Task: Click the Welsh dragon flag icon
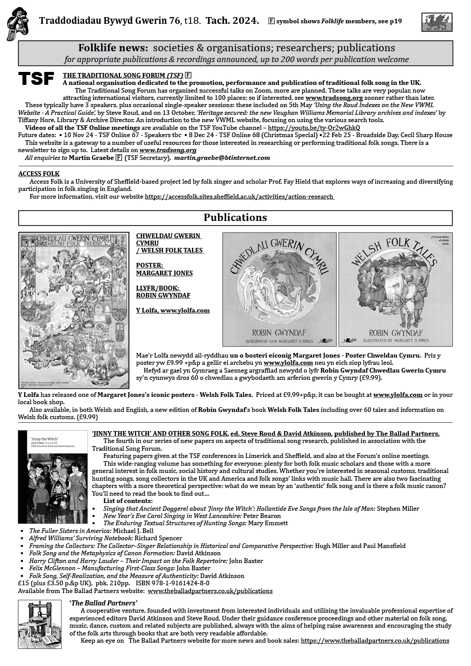click(x=437, y=22)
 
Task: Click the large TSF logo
click(x=36, y=79)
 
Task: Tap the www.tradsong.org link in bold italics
click(x=168, y=150)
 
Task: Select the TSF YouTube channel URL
click(x=314, y=127)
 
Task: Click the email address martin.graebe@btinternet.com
click(x=222, y=157)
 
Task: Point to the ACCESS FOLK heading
click(x=39, y=174)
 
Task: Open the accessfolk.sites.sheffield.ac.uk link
click(x=239, y=197)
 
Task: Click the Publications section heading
click(x=235, y=217)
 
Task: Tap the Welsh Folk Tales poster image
click(x=73, y=310)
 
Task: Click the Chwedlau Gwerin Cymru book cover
click(x=279, y=289)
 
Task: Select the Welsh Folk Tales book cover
click(x=395, y=289)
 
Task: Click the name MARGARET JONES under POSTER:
click(x=164, y=273)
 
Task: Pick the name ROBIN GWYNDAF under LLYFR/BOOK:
click(x=164, y=295)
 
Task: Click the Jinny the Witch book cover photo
click(x=53, y=477)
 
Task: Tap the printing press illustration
click(x=39, y=624)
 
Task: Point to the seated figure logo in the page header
click(x=18, y=24)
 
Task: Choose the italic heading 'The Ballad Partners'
click(x=103, y=603)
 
